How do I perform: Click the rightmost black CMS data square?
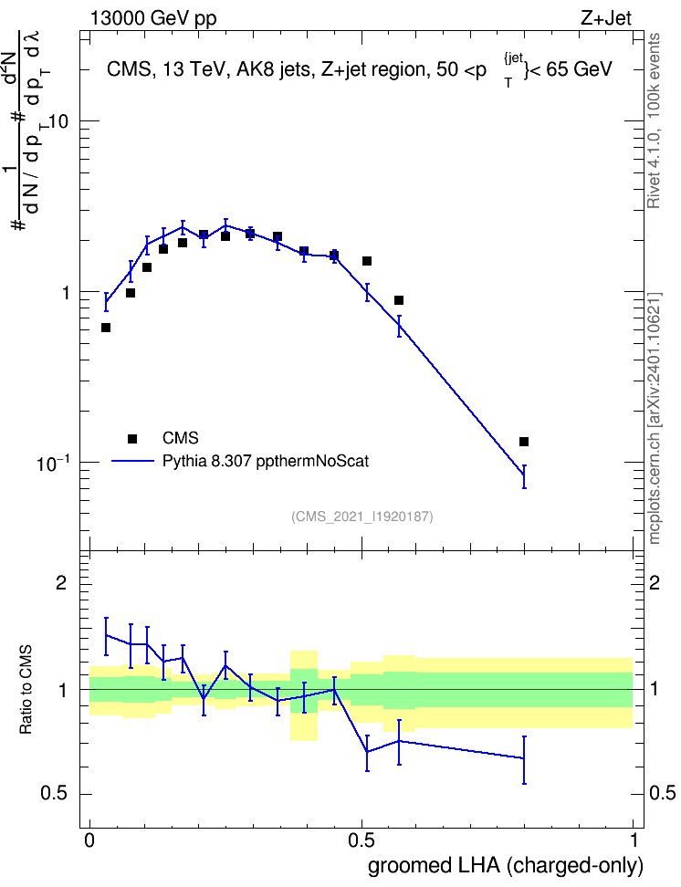tap(524, 442)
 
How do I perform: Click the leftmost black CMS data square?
tap(105, 328)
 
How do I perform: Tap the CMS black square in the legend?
tap(132, 438)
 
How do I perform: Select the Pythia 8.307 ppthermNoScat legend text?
tap(266, 461)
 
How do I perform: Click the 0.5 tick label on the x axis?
tap(361, 840)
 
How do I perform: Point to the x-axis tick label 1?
tap(634, 840)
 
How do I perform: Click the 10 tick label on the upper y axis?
tap(57, 121)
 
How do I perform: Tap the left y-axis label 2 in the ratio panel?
tap(61, 582)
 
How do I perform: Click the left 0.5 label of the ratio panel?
tap(55, 794)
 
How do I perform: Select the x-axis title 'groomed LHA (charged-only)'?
tap(506, 865)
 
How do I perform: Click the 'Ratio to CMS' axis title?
tap(26, 690)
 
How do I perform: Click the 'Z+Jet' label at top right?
tap(606, 18)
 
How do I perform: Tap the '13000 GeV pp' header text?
tap(153, 18)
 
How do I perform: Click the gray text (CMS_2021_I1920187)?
tap(362, 517)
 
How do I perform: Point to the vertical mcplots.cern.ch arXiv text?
tap(655, 418)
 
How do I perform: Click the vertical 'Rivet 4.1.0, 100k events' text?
tap(654, 120)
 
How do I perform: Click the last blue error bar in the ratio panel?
tap(524, 760)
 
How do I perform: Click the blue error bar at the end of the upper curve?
tap(524, 476)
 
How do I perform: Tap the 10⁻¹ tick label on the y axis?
tap(53, 462)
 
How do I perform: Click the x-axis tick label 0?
tap(89, 840)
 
